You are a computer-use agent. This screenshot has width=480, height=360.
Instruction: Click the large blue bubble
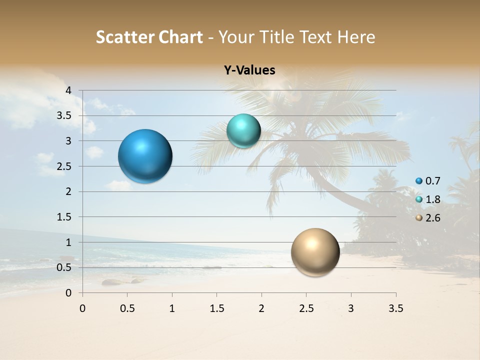click(x=145, y=156)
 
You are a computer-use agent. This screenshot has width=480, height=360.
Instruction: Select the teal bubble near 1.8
click(x=243, y=131)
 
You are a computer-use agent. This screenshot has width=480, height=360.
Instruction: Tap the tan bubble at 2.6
click(x=315, y=252)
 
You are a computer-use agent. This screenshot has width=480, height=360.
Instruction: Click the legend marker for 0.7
click(x=419, y=181)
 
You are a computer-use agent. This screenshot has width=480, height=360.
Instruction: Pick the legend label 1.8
click(x=433, y=199)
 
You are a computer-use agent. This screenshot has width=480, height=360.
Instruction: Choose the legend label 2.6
click(x=433, y=218)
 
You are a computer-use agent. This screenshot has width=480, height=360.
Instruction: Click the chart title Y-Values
click(x=249, y=70)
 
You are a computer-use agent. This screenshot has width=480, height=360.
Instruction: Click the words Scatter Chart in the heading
click(x=149, y=37)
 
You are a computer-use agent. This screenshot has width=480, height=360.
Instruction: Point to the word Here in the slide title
click(x=356, y=37)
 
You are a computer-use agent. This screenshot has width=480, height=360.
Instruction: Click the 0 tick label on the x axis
click(x=82, y=308)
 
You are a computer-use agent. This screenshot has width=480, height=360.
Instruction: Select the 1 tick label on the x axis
click(x=172, y=308)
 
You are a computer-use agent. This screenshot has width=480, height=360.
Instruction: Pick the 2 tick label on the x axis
click(x=261, y=308)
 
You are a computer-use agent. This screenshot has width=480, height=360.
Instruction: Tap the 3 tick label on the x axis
click(x=351, y=308)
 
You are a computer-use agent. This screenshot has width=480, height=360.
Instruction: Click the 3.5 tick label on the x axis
click(x=395, y=308)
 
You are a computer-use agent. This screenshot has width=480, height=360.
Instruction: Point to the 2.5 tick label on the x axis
click(x=306, y=308)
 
